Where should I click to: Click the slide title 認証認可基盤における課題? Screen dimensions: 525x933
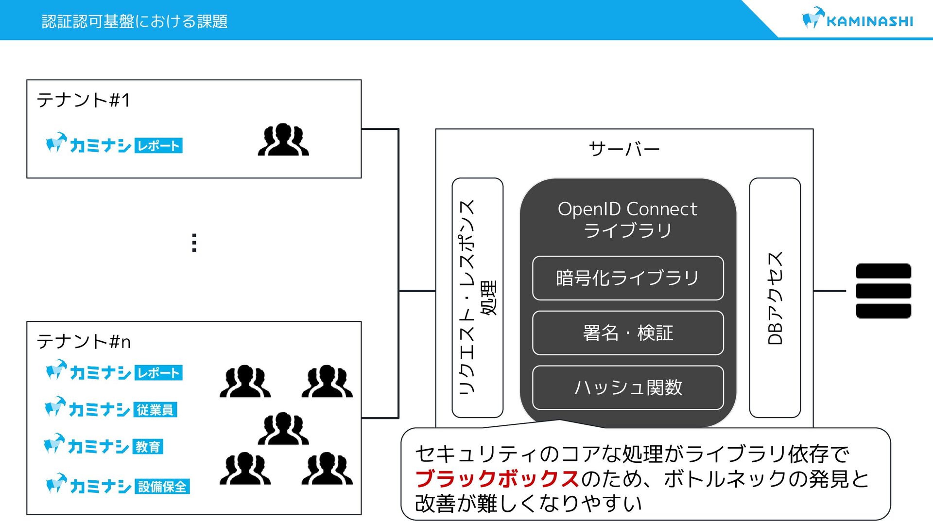pyautogui.click(x=135, y=21)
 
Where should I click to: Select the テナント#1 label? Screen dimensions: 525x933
pyautogui.click(x=84, y=100)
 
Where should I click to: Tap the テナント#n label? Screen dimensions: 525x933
pyautogui.click(x=84, y=342)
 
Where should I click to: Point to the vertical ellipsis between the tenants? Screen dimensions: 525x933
pyautogui.click(x=194, y=243)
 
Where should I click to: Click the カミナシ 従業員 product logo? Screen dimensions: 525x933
pyautogui.click(x=111, y=409)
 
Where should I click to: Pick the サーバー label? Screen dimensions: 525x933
pyautogui.click(x=624, y=149)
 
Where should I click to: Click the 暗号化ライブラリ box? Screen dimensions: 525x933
pyautogui.click(x=628, y=278)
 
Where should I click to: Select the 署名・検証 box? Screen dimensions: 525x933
pyautogui.click(x=628, y=333)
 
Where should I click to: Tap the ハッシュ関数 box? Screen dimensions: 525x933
pyautogui.click(x=628, y=387)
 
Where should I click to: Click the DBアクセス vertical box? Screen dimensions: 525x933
pyautogui.click(x=775, y=297)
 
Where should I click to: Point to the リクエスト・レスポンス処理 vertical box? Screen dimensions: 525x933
pyautogui.click(x=477, y=297)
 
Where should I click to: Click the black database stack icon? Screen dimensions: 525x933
pyautogui.click(x=883, y=291)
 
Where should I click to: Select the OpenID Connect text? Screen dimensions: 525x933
pyautogui.click(x=627, y=209)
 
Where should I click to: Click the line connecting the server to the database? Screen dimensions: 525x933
pyautogui.click(x=829, y=291)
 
